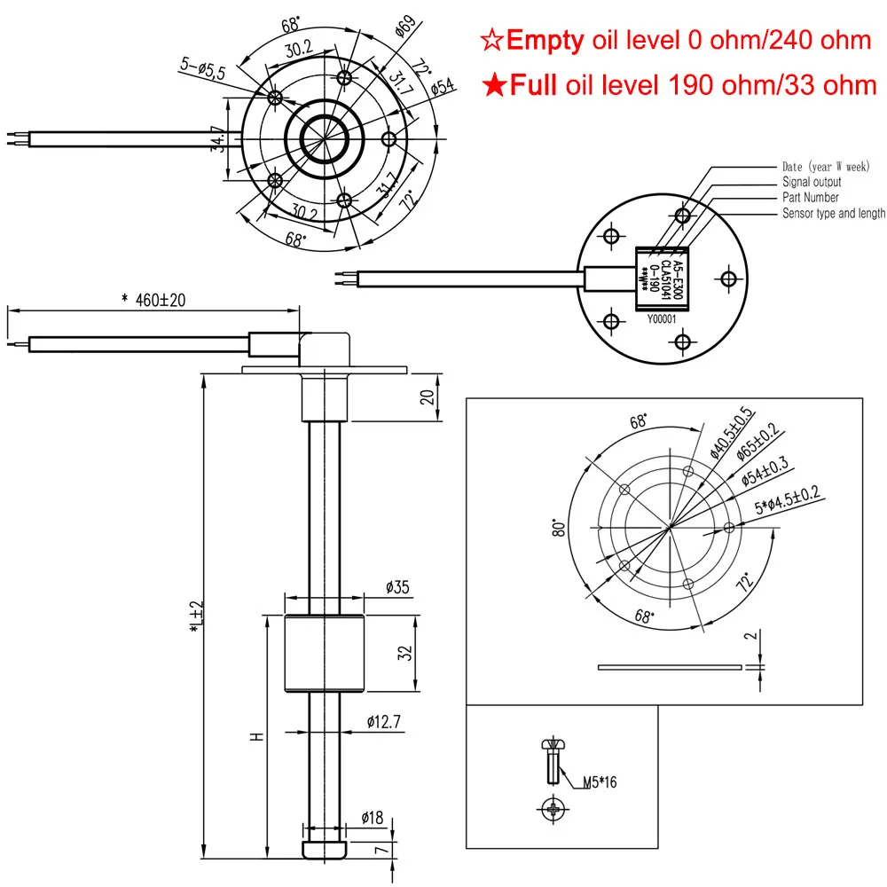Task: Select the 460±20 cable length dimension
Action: [153, 301]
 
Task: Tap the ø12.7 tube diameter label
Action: [385, 722]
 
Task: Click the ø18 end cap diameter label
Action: [375, 818]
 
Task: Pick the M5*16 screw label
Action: [600, 782]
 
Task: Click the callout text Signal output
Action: [812, 182]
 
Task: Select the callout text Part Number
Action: [810, 197]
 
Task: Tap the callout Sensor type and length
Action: [833, 213]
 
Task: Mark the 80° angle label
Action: [559, 529]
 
